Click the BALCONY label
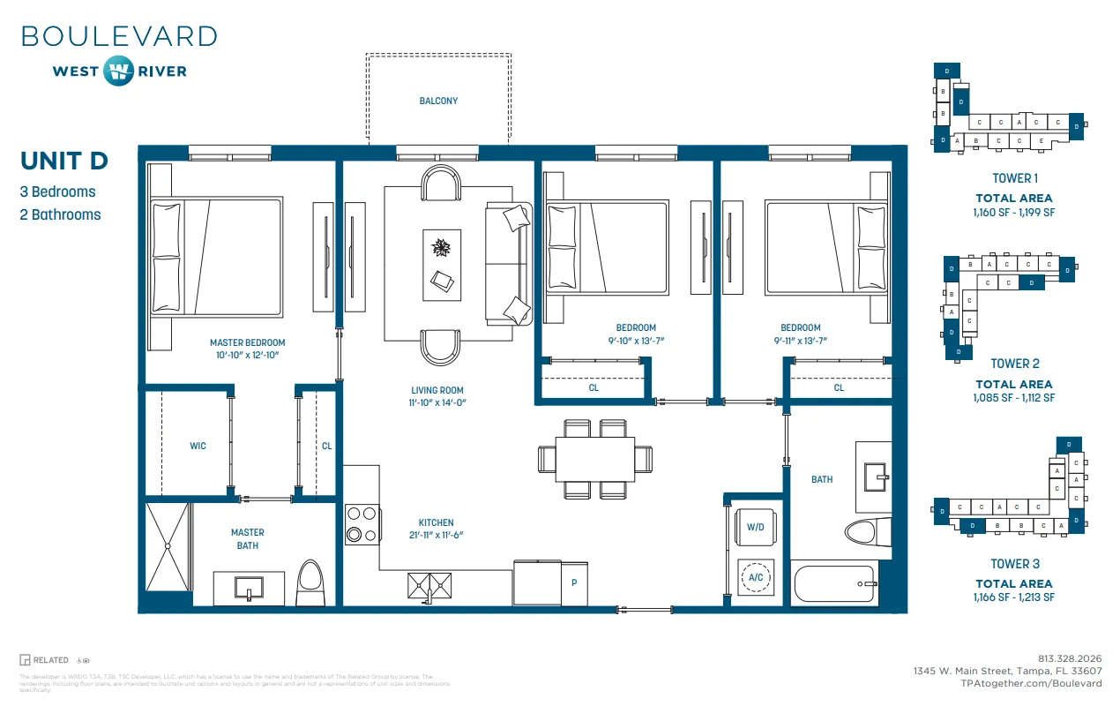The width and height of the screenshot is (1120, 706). coord(438,101)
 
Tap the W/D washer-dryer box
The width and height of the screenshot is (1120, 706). coord(755,527)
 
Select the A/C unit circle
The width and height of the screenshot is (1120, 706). coord(756,578)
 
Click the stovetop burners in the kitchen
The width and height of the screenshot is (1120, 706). coord(362,523)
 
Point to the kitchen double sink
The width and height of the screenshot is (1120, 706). coord(430,583)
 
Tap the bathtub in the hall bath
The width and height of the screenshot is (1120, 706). coord(833,583)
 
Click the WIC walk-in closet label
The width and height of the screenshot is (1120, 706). coord(198,446)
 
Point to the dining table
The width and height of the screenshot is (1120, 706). coord(595,460)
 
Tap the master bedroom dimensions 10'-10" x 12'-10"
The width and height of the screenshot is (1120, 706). coord(247,355)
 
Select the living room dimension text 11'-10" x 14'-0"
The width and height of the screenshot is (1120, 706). coord(437,402)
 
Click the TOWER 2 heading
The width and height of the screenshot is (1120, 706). coord(1015,364)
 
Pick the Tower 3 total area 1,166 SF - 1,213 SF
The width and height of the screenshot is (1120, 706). coord(1015,597)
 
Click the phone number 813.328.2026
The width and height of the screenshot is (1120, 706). coord(1070,658)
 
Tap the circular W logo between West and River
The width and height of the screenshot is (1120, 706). coord(117,71)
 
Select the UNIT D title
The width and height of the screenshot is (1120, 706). coord(64,161)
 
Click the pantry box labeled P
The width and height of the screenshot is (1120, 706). coord(574,582)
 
